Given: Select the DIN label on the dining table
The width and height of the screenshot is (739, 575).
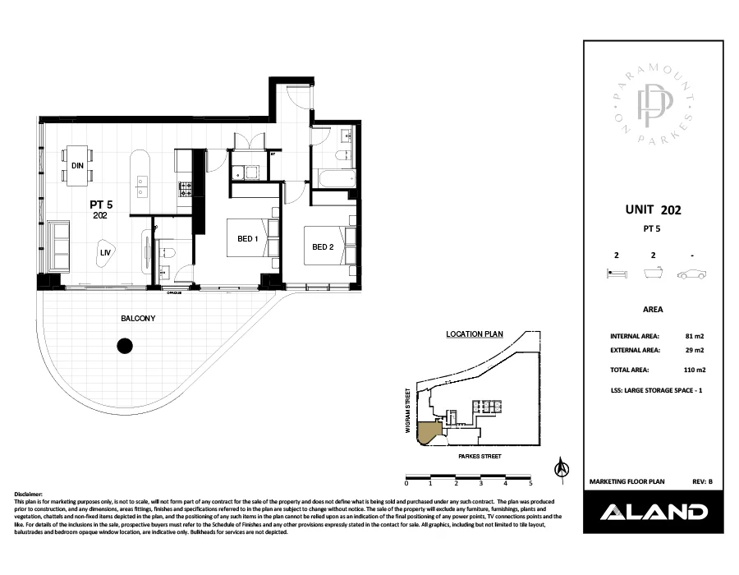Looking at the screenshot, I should pos(78,166).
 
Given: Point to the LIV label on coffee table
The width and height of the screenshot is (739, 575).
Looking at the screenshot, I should pos(104,254).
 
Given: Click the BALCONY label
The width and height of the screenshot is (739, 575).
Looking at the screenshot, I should pos(138,318).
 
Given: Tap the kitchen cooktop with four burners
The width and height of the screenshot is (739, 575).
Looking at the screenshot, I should pos(186,188).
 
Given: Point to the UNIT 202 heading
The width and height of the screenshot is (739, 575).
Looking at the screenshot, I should pos(653,210).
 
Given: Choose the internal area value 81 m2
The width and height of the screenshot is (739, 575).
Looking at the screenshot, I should pos(693,336).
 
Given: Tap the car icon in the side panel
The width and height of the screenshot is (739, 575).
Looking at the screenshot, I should pos(692,275).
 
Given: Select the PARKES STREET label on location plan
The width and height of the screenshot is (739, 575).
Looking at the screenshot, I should pos(473,456).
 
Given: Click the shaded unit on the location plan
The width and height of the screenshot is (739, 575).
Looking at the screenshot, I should pos(427,432).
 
